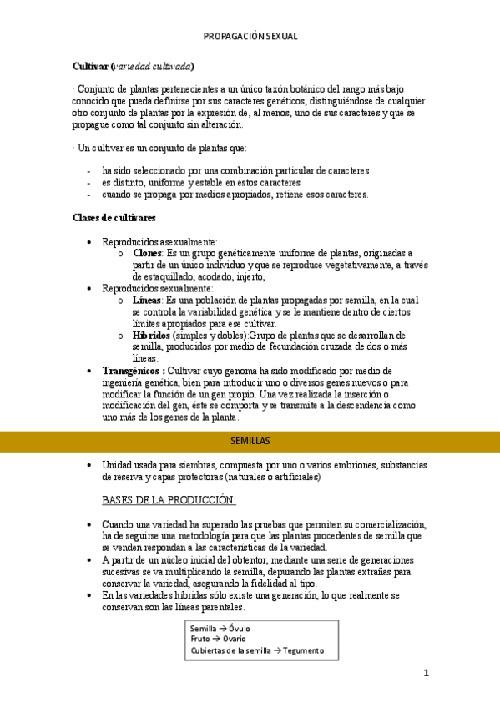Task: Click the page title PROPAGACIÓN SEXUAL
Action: (250, 37)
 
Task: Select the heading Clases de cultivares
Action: (114, 219)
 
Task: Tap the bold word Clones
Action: (147, 253)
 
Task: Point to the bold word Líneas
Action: (148, 300)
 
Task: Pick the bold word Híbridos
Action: (151, 335)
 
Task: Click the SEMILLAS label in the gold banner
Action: (250, 440)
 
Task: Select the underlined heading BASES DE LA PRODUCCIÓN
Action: (168, 500)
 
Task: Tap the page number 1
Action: (426, 672)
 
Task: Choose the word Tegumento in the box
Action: (302, 651)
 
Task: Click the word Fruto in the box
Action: (200, 640)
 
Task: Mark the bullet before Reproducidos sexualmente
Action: (90, 289)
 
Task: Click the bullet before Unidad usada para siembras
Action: (90, 465)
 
